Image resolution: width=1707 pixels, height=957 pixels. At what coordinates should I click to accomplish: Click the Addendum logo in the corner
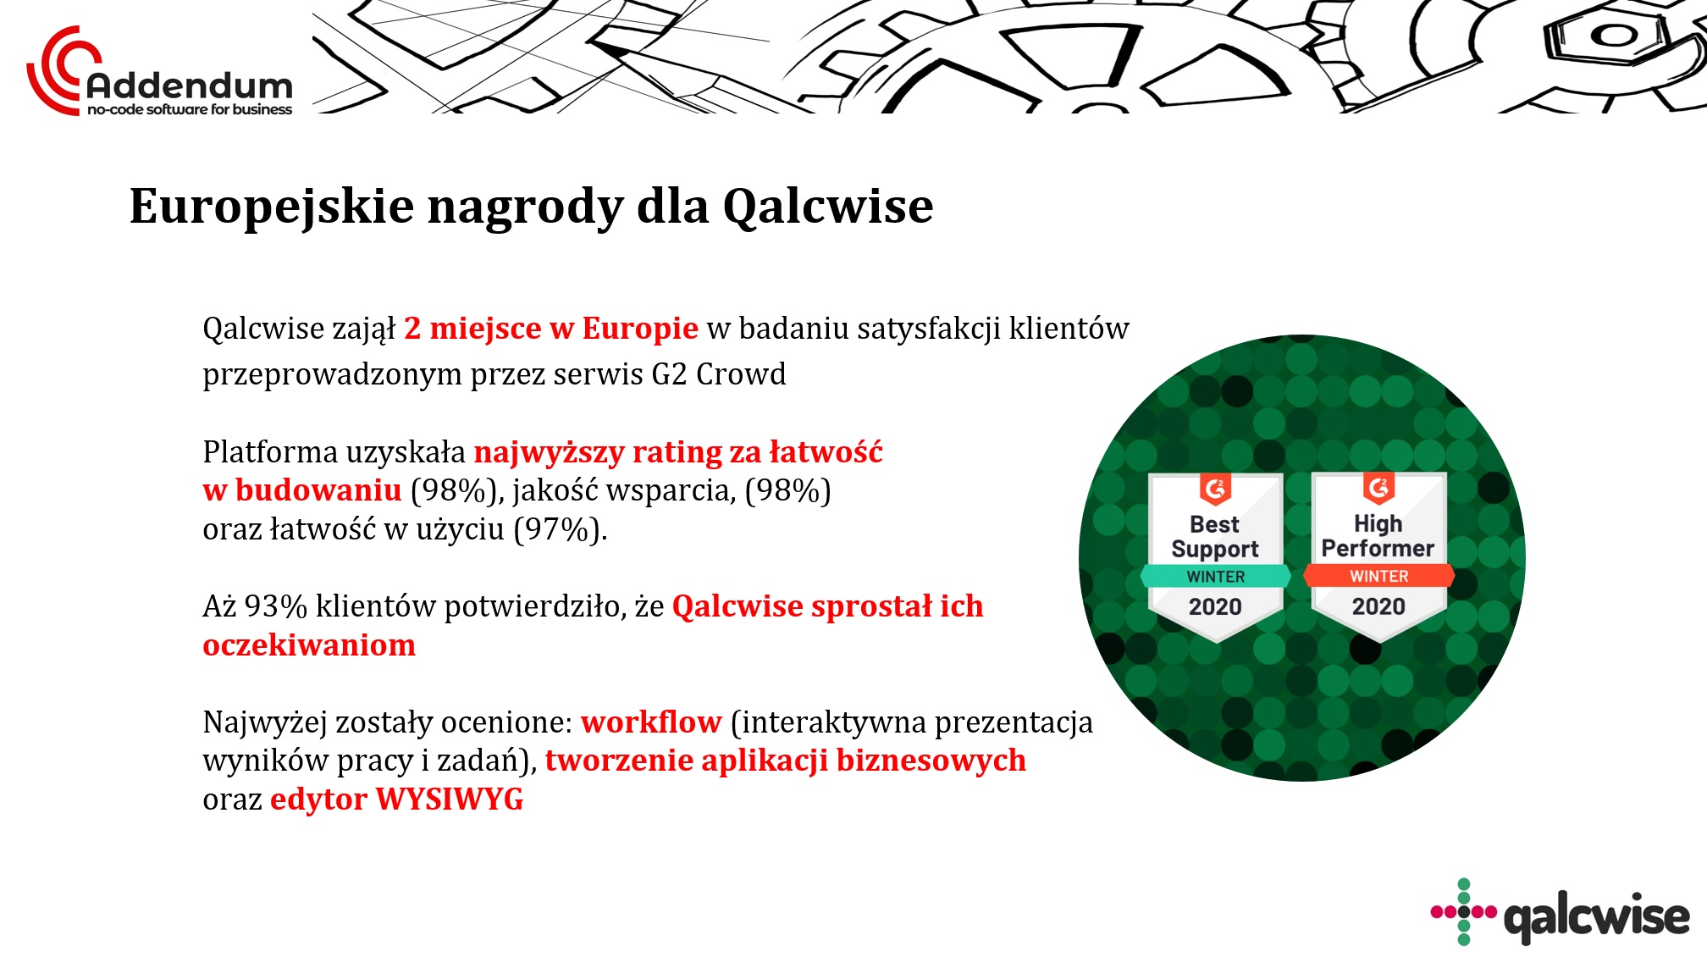[x=159, y=73]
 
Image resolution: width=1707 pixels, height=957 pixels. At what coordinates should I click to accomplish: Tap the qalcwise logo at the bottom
[x=1560, y=912]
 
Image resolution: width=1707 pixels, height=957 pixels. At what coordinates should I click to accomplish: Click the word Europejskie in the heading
[x=272, y=207]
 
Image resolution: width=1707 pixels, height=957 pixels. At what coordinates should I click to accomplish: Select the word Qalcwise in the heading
[x=827, y=206]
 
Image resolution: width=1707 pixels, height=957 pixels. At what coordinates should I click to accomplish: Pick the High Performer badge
[x=1378, y=556]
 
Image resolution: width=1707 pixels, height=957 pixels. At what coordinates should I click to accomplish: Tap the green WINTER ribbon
[x=1215, y=576]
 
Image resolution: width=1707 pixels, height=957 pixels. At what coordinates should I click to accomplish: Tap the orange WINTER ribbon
[x=1378, y=576]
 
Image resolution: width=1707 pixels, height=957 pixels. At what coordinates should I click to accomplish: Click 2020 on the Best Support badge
[x=1215, y=606]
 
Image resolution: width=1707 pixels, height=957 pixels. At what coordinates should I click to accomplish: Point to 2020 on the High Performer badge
[x=1378, y=606]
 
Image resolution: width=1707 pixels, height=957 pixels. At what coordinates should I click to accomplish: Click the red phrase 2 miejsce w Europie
[x=551, y=329]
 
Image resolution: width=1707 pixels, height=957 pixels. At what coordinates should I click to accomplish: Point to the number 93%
[x=275, y=606]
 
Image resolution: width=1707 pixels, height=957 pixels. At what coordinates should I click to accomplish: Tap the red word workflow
[x=651, y=722]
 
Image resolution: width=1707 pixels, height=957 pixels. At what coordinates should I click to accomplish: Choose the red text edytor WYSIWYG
[x=397, y=799]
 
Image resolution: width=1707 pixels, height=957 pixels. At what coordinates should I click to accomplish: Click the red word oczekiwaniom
[x=309, y=645]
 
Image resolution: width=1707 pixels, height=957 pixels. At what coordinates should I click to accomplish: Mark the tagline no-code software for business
[x=190, y=109]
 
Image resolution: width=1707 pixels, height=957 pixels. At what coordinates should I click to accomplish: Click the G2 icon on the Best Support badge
[x=1215, y=489]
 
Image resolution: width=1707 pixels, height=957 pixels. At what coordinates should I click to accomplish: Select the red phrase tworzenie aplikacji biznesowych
[x=786, y=761]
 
